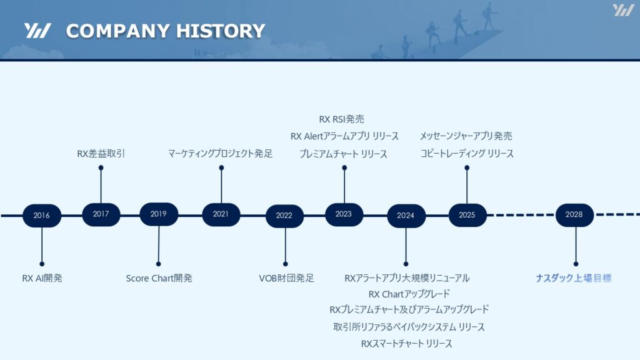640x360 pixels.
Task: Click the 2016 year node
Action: pos(42,216)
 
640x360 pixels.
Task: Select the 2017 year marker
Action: pos(101,214)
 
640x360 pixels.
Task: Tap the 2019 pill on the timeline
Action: pos(159,214)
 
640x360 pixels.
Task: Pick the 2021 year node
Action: pos(221,214)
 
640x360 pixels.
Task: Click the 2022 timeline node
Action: pos(284,216)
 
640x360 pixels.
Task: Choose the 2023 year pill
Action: pos(344,214)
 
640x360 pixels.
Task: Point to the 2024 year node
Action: pos(406,216)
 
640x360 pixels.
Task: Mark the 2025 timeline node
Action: pos(467,215)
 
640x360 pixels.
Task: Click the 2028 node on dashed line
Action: pos(574,215)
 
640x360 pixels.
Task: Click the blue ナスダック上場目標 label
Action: pos(574,278)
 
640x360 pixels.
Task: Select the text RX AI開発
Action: pos(42,278)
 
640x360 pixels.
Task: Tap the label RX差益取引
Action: pos(101,154)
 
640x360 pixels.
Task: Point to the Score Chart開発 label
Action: pos(159,278)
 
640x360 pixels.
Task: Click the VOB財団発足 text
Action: pos(286,278)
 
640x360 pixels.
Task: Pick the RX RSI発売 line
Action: pos(342,119)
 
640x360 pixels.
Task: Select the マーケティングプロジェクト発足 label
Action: pos(221,154)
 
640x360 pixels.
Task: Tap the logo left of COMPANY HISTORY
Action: pos(37,31)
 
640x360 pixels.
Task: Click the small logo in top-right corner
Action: pos(623,10)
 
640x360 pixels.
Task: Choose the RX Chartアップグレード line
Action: pos(409,294)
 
